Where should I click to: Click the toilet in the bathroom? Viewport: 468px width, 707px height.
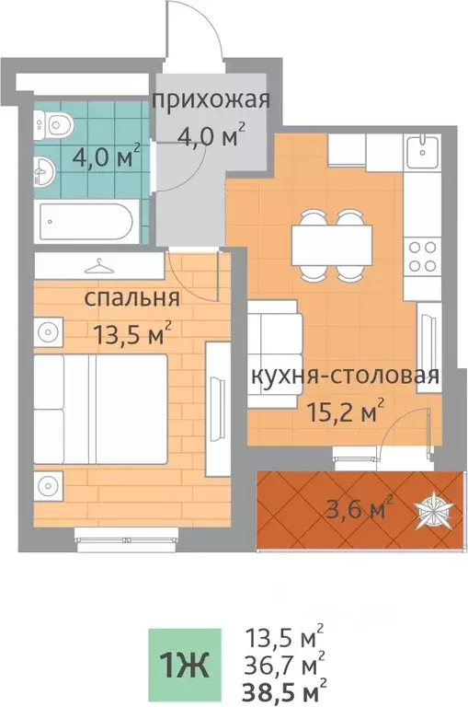pyautogui.click(x=58, y=122)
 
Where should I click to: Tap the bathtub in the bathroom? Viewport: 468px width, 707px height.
pyautogui.click(x=87, y=221)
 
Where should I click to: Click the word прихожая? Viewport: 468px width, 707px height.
pyautogui.click(x=211, y=100)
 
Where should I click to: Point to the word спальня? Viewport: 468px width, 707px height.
pyautogui.click(x=131, y=299)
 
